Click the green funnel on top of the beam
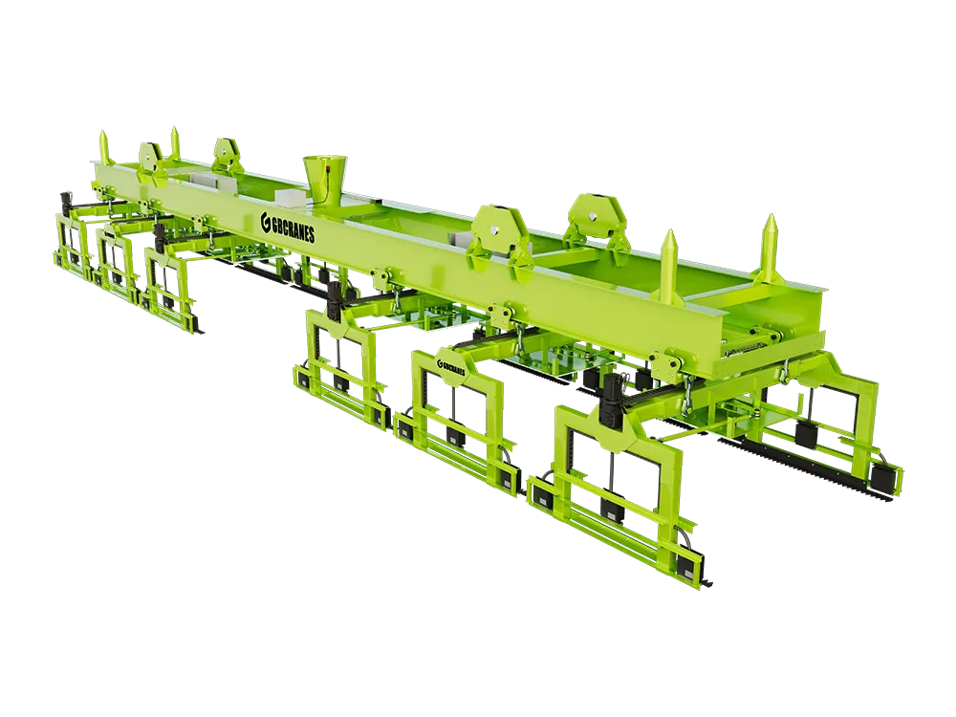321,177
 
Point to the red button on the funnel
329,163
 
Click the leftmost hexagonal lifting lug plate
149,156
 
